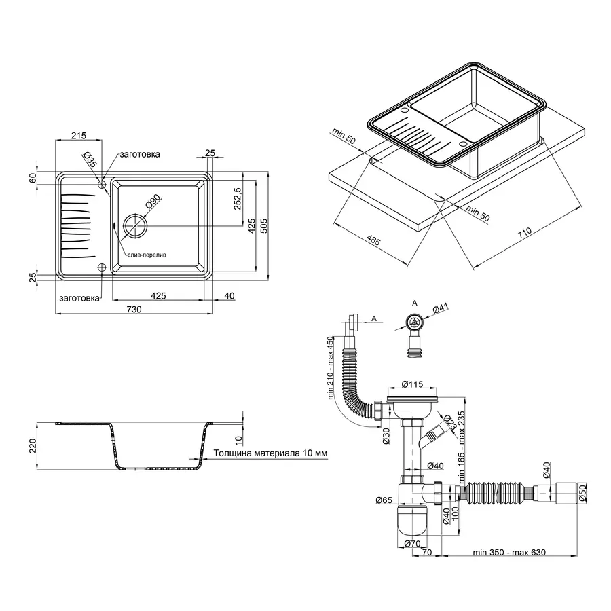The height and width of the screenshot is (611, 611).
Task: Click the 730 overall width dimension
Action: click(134, 309)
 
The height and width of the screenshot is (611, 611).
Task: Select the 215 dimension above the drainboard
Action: click(78, 136)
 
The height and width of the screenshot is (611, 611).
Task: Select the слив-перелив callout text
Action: click(146, 255)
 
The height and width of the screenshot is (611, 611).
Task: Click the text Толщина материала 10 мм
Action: click(270, 453)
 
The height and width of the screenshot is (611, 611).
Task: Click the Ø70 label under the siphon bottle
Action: click(413, 543)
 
